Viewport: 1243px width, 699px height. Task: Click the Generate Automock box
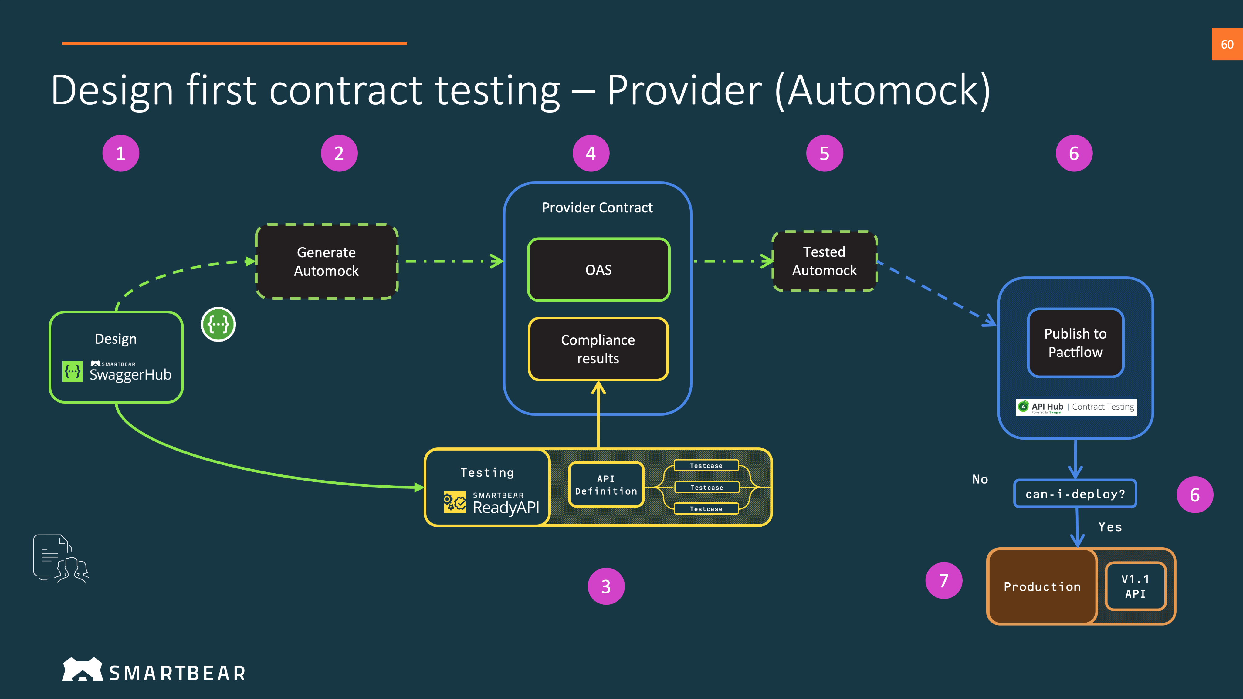(x=326, y=262)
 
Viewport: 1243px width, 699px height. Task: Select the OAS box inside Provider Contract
(x=598, y=270)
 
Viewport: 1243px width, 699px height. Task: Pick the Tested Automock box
(x=824, y=261)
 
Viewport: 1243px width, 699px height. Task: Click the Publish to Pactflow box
(x=1075, y=343)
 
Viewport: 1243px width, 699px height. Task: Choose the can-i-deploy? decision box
(x=1075, y=494)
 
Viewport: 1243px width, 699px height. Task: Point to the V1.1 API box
(x=1135, y=586)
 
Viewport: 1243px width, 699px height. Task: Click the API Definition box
(x=606, y=484)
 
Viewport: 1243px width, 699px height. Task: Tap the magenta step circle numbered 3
(x=606, y=586)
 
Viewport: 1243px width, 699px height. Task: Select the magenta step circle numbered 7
(x=943, y=580)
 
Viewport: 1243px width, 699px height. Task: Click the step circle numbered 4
(x=591, y=154)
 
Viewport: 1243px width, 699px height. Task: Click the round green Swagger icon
(x=218, y=324)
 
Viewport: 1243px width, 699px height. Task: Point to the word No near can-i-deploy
(x=980, y=479)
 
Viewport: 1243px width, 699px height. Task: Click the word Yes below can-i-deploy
(x=1110, y=527)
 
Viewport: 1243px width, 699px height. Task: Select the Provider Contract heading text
(x=597, y=208)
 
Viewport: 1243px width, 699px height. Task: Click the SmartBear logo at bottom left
(x=154, y=670)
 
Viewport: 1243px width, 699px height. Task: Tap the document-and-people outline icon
(x=61, y=558)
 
